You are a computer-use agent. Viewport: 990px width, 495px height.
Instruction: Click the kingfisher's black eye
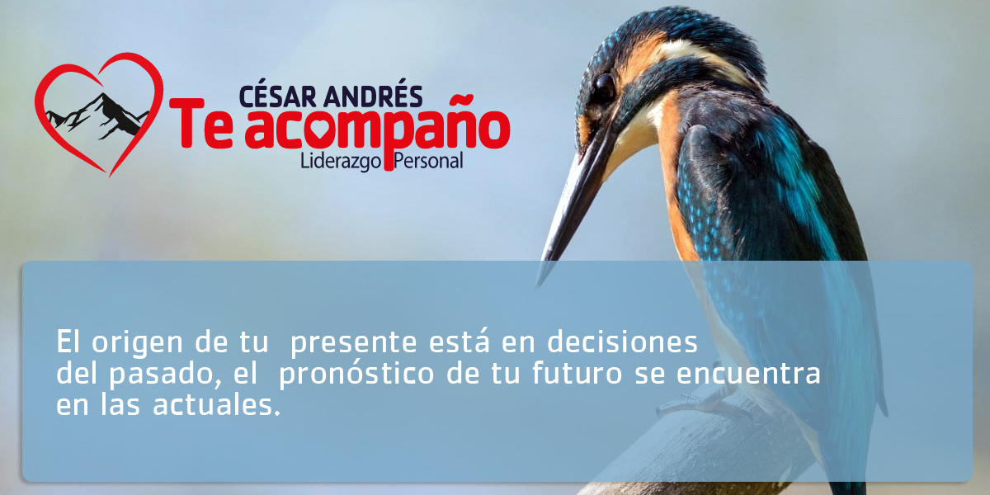(603, 87)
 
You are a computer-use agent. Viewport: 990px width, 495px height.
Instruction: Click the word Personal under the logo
(429, 161)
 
